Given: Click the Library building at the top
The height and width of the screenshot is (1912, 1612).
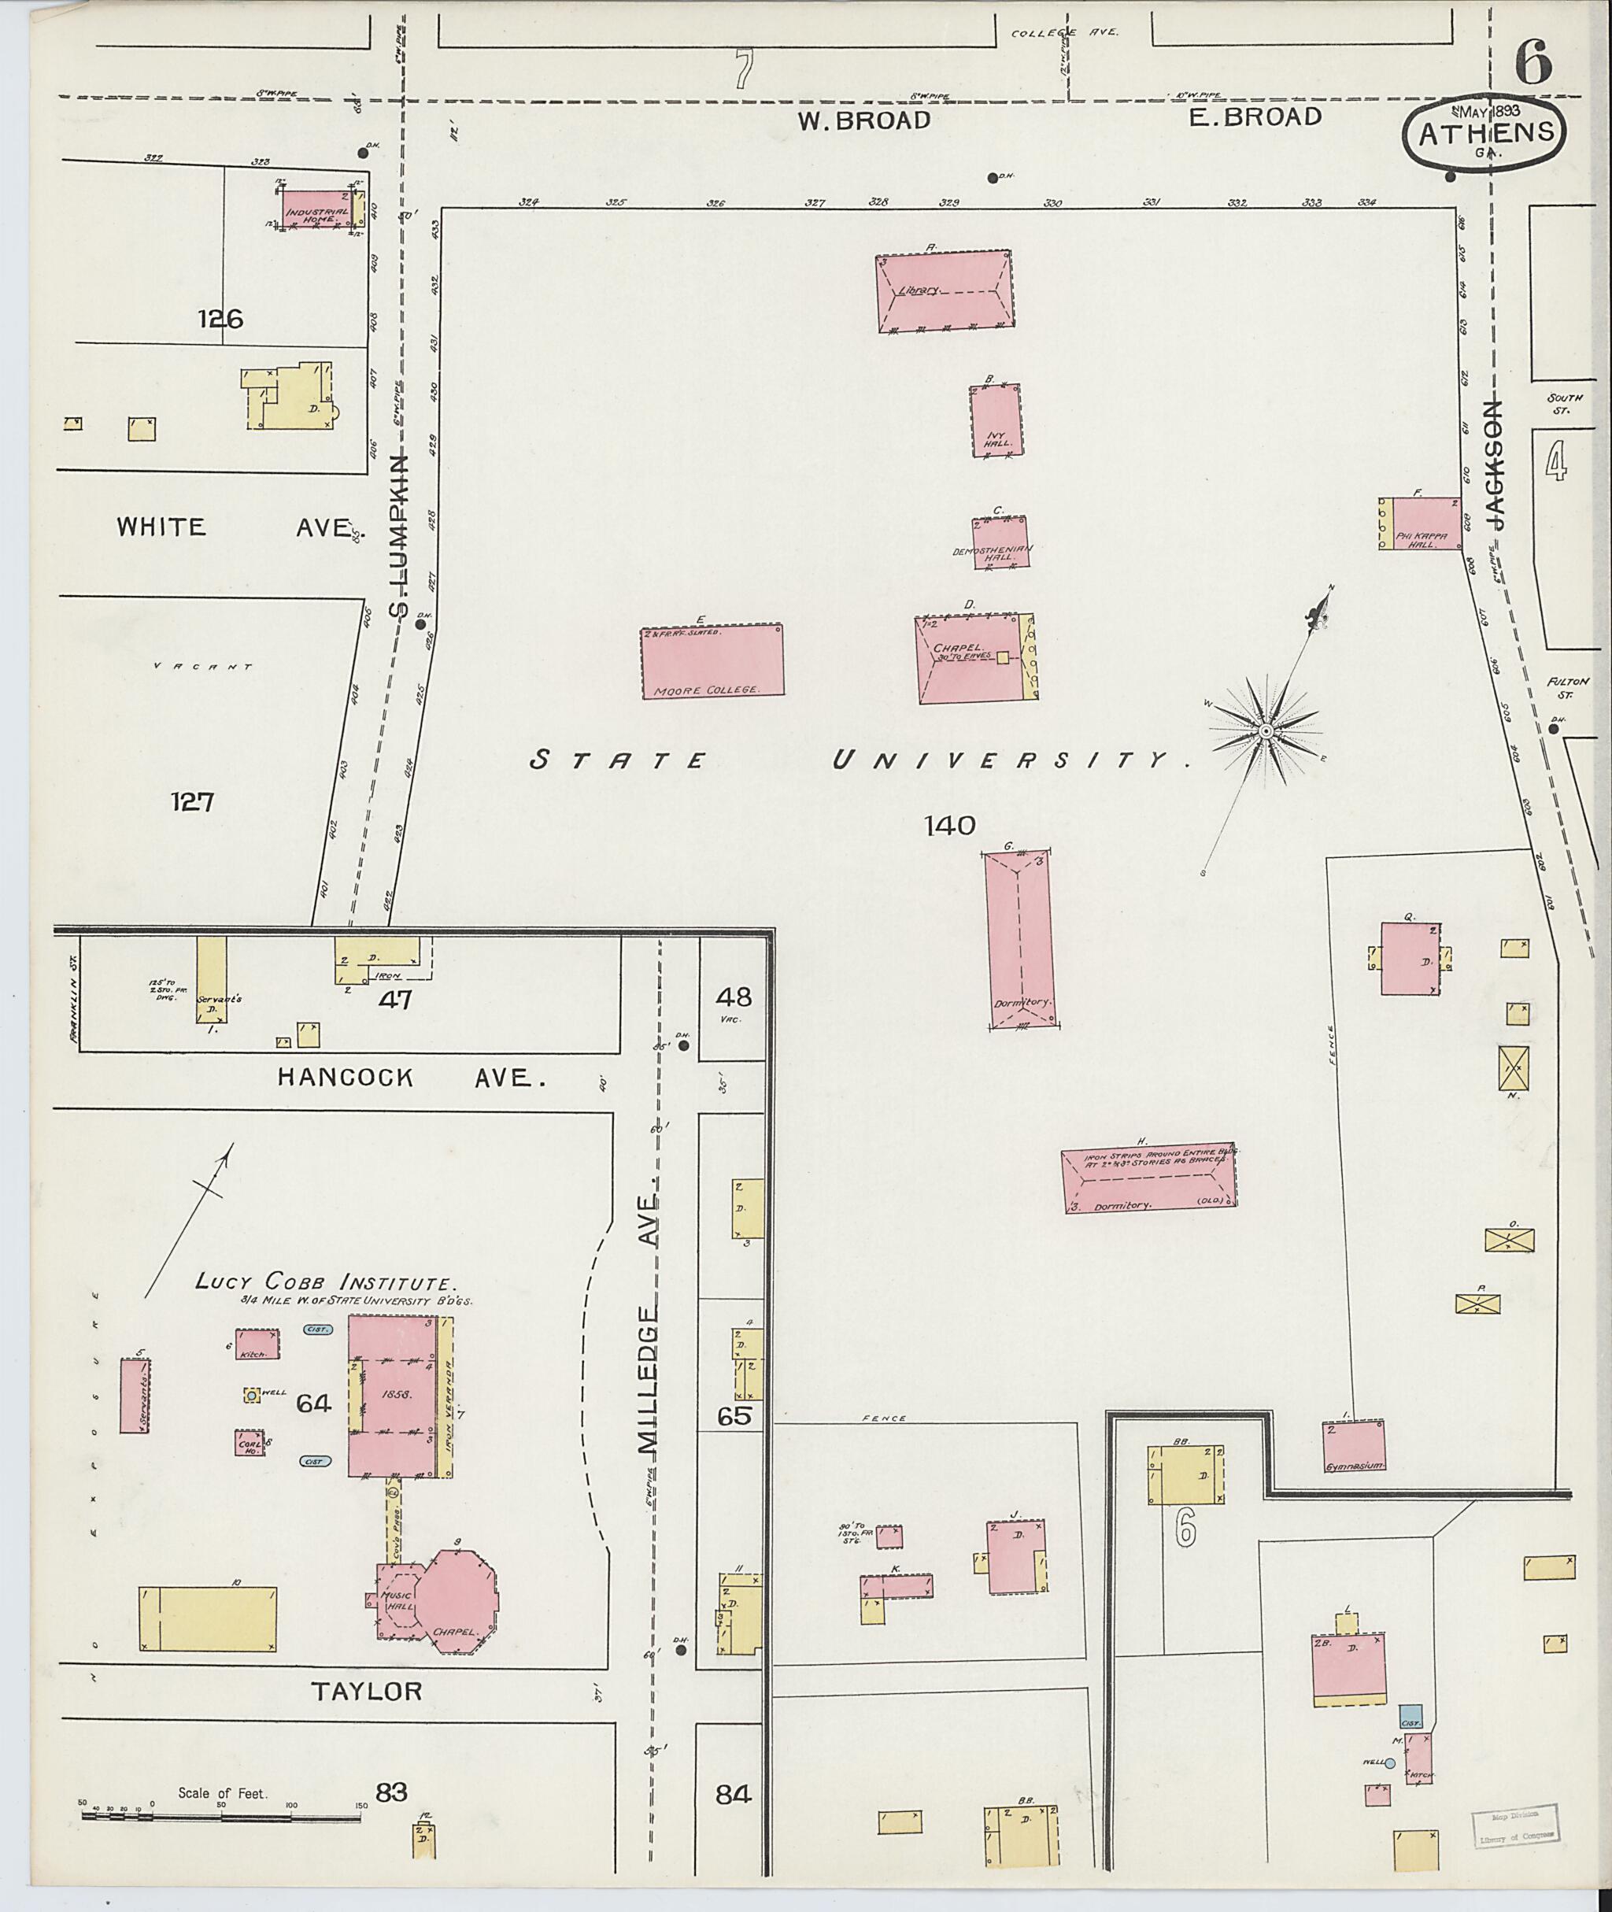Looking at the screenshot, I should (x=944, y=290).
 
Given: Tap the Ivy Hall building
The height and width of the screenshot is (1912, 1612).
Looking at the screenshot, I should (x=995, y=420).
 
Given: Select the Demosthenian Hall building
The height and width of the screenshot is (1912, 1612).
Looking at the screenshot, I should (x=1000, y=544).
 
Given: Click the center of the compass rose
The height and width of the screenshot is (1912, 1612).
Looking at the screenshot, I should (x=1266, y=732).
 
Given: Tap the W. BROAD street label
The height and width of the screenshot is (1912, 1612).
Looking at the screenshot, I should (x=863, y=120).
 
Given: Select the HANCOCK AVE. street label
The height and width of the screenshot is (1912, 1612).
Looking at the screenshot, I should (x=410, y=1078).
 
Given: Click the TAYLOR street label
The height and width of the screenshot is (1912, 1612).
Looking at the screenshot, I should (x=368, y=1692).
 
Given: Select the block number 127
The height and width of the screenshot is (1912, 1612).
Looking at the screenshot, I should (x=193, y=802).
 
